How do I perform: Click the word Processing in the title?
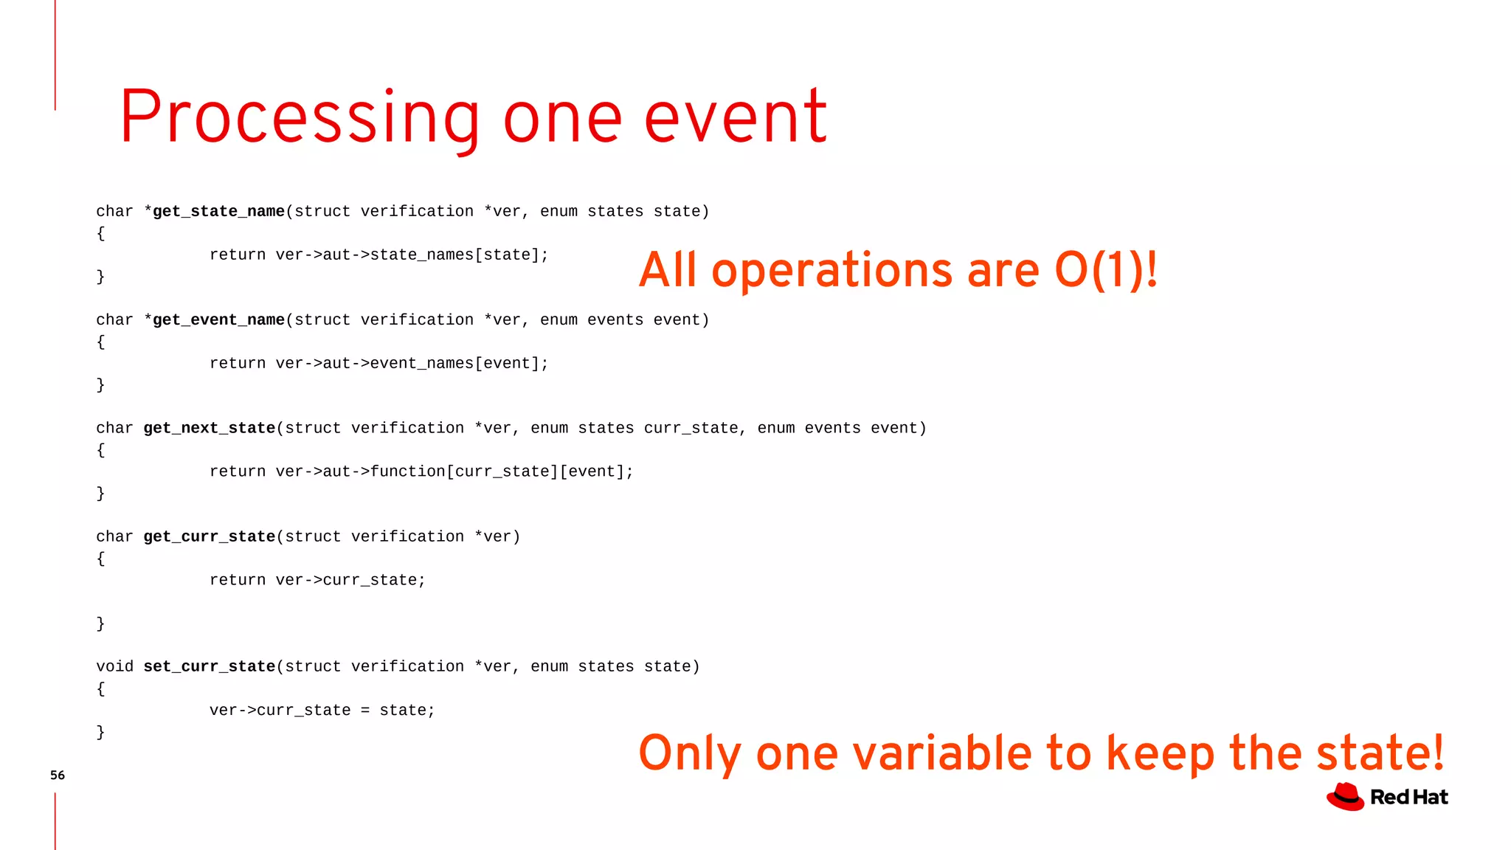tap(300, 118)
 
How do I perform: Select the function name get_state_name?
tap(218, 212)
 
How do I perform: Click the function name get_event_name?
tap(218, 320)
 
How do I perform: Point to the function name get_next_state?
tap(210, 429)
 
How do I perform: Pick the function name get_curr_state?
tap(210, 537)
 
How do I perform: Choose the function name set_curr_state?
tap(210, 667)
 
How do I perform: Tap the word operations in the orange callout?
tap(833, 272)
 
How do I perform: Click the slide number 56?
tap(58, 775)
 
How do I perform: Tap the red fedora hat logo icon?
tap(1346, 797)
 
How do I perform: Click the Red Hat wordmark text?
tap(1409, 798)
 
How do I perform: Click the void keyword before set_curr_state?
tap(115, 667)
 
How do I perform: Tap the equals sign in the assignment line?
tap(365, 711)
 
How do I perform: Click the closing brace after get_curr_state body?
tap(101, 624)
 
